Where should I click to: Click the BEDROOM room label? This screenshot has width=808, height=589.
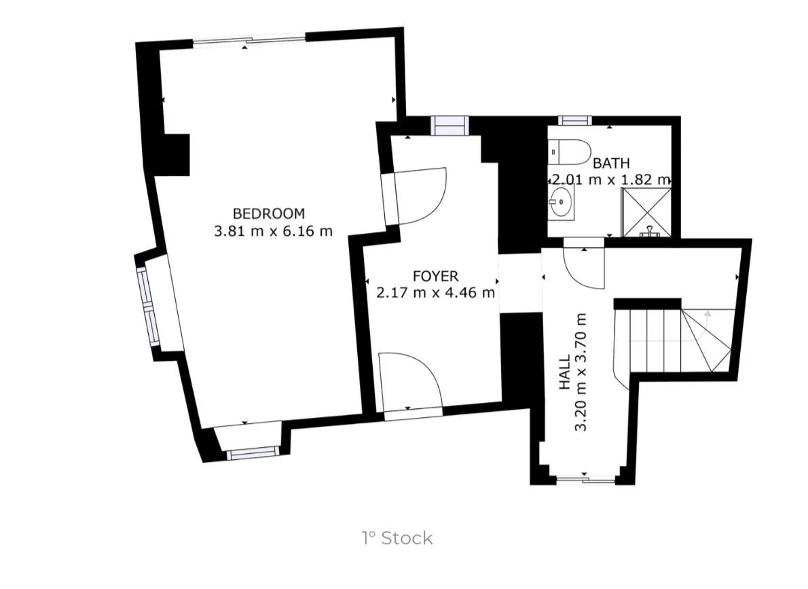tap(268, 213)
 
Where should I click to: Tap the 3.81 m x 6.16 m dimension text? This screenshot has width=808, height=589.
tap(273, 230)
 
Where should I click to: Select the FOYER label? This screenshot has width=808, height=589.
tap(435, 276)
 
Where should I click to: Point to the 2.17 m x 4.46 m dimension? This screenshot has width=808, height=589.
tap(435, 293)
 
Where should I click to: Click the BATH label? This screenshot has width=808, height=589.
tap(611, 164)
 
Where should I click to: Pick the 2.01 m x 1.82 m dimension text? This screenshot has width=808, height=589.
tap(611, 180)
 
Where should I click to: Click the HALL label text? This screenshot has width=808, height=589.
tap(565, 372)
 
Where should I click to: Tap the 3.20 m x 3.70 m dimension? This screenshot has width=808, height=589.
tap(581, 372)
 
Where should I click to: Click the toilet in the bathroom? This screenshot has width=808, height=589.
tap(569, 151)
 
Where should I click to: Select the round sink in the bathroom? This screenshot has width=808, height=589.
tap(561, 202)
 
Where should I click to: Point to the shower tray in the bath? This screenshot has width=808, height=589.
tap(646, 213)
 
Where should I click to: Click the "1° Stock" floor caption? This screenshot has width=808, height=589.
tap(397, 539)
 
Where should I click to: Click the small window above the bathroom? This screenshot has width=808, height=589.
tap(575, 121)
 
